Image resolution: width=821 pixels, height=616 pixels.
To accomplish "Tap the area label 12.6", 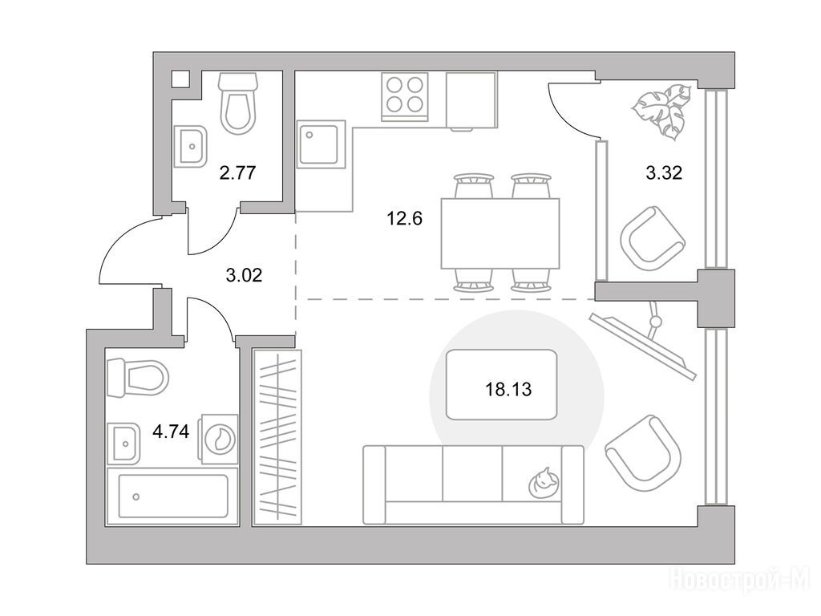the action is coord(404,218).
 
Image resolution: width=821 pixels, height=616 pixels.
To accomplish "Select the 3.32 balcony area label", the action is coord(664,172).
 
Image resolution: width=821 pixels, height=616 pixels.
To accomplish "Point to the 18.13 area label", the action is coord(508,389).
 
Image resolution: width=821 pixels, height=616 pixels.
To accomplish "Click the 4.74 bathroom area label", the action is coord(171,432).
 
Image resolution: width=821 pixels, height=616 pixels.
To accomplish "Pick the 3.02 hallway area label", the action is coord(244,274).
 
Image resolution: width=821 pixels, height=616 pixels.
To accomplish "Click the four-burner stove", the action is coord(405,96).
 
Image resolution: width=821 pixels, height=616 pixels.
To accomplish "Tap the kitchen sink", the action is coord(322,144).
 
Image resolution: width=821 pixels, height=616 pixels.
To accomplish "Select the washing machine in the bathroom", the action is coord(217,439).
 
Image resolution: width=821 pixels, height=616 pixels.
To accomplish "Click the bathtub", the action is coord(172,496).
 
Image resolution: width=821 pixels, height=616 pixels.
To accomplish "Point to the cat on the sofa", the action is coord(543,482).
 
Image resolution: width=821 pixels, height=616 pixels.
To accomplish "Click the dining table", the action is coord(500,233).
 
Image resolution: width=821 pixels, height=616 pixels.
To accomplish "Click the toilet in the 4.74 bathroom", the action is coord(137,378).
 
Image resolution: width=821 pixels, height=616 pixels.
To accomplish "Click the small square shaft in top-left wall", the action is coord(180,79).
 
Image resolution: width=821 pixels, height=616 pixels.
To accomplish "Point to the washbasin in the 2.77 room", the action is coord(191,146).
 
